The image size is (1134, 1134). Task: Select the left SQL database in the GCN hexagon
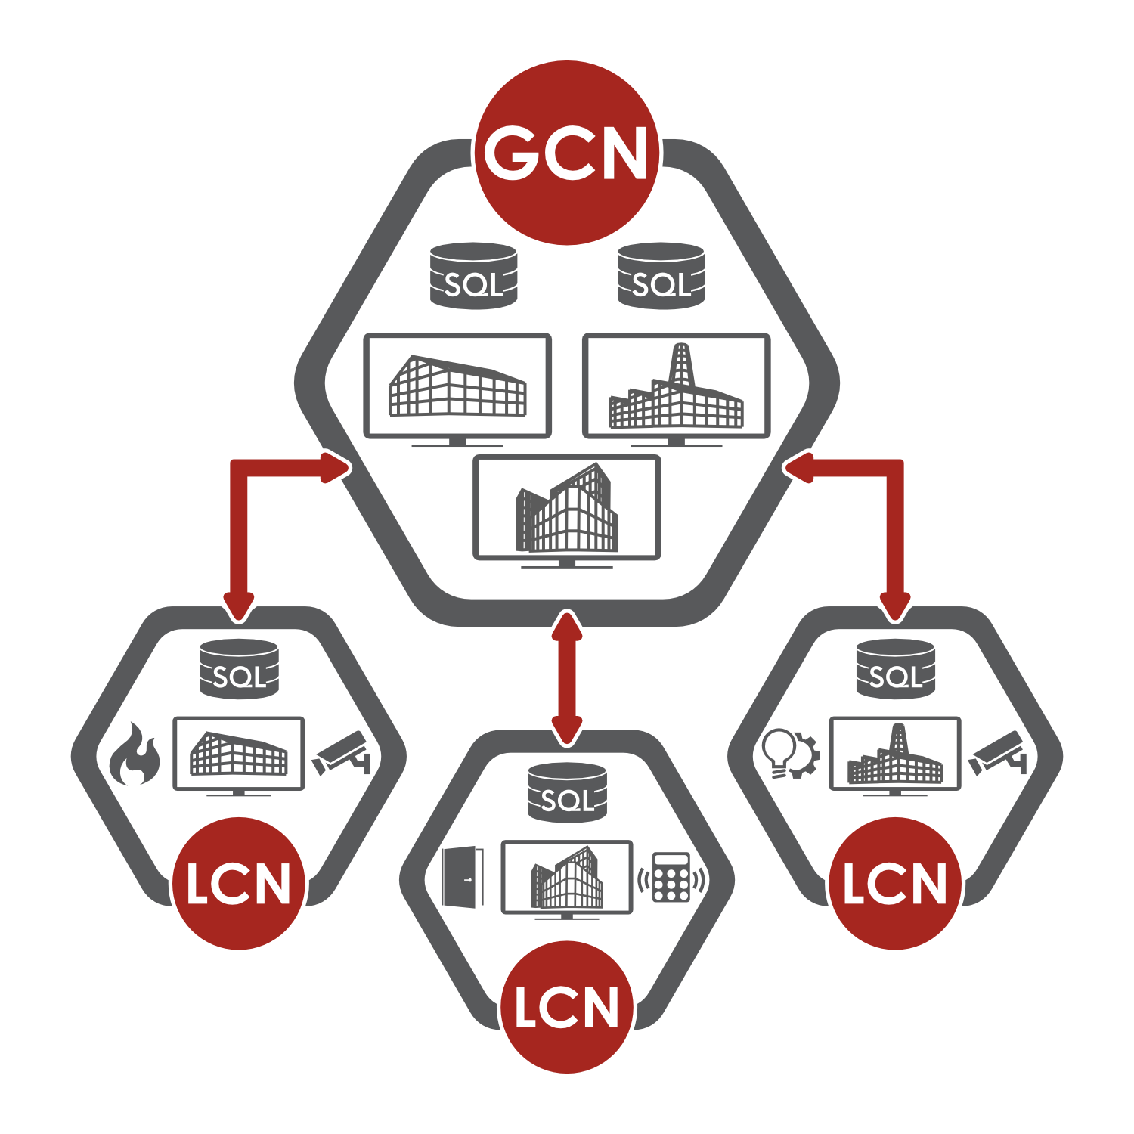tap(473, 277)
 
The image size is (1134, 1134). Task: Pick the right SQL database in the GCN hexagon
tap(661, 277)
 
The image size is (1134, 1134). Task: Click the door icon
tap(462, 877)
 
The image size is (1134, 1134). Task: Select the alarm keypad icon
tap(671, 878)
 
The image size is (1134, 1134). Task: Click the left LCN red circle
tap(239, 883)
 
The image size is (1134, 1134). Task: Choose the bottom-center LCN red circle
tap(567, 1006)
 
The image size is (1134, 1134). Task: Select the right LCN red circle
tap(895, 883)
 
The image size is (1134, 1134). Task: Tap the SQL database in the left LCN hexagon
tap(239, 669)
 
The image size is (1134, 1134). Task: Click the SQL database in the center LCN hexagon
tap(567, 792)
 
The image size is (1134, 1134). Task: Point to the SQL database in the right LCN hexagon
tap(895, 669)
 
